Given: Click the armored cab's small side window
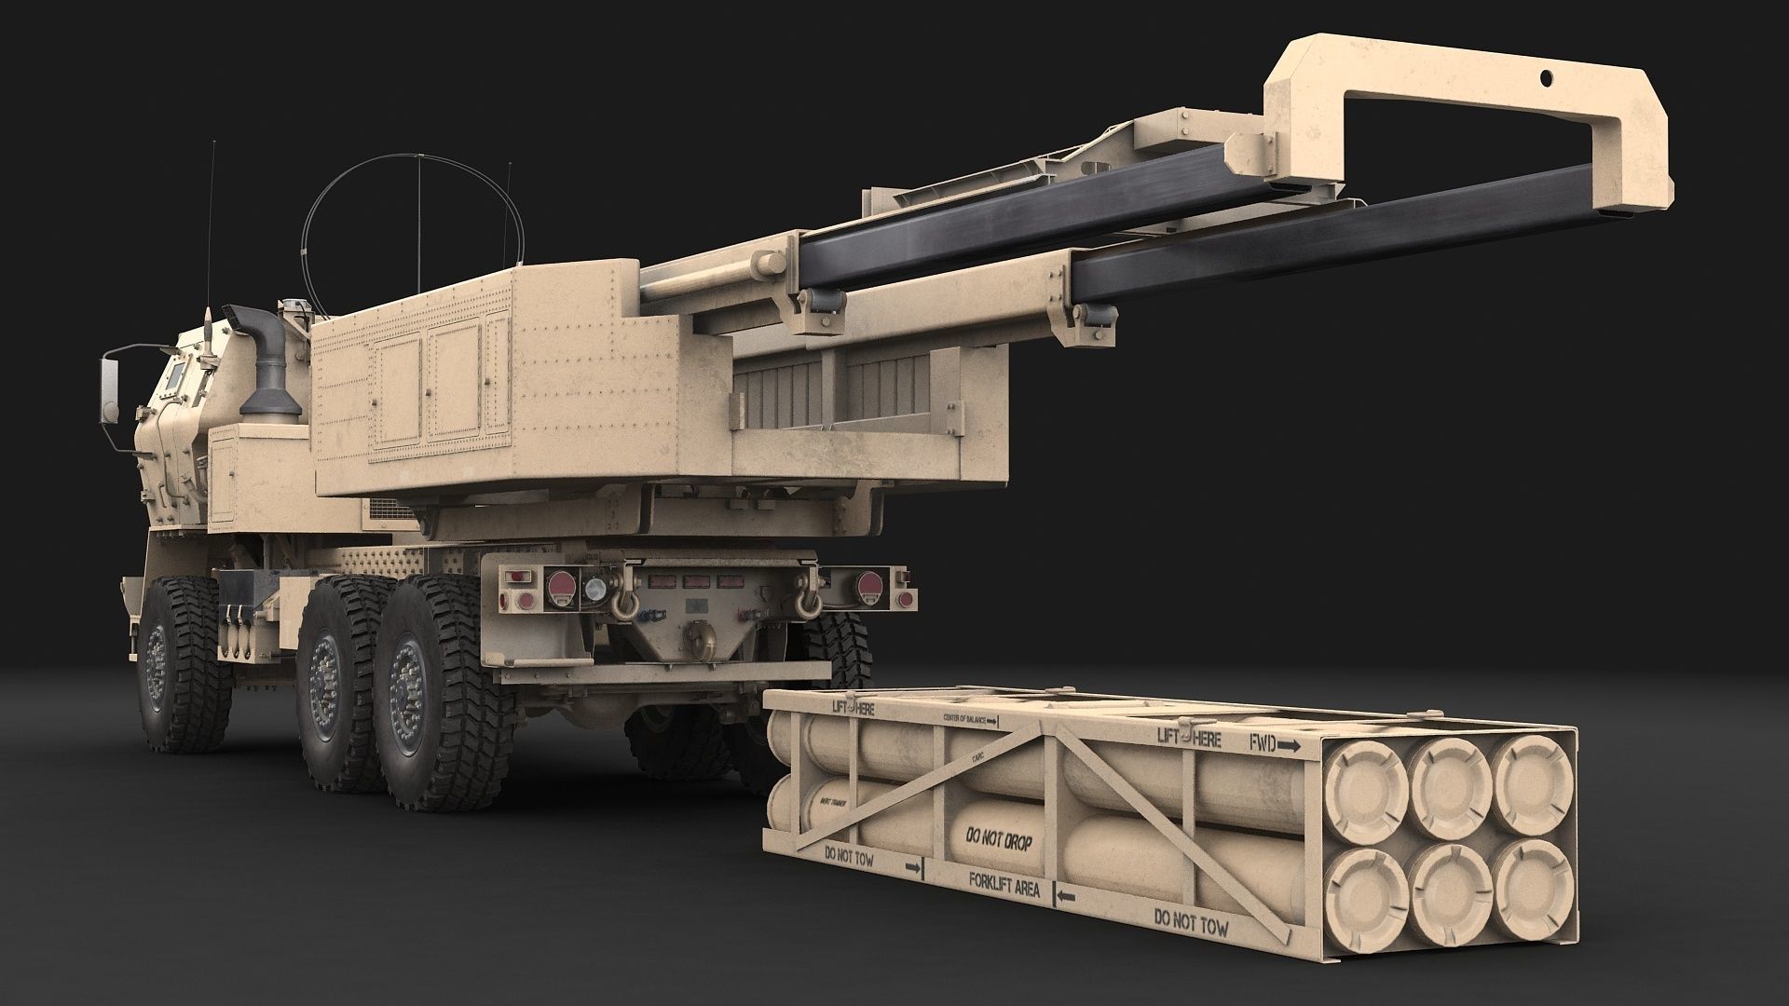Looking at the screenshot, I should (174, 375).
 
